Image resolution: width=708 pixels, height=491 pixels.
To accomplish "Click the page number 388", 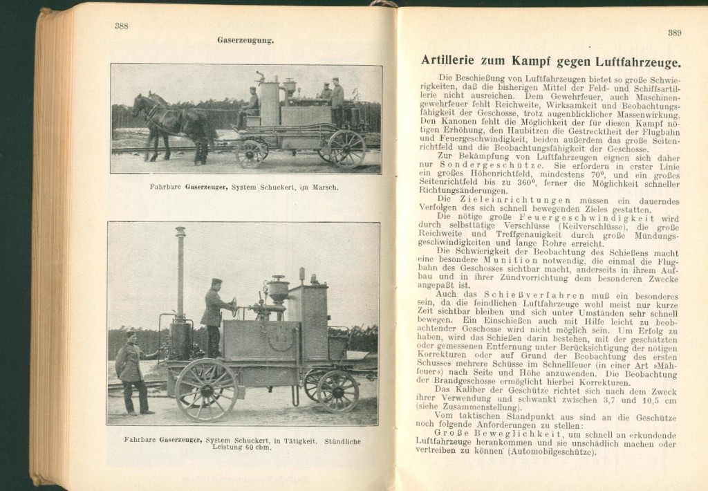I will coord(122,26).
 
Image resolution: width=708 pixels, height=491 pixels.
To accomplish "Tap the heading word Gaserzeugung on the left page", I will coord(245,40).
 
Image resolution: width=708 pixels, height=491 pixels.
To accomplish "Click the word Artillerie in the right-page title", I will coord(456,60).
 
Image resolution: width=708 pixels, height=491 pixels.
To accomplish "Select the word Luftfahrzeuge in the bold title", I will coord(637,60).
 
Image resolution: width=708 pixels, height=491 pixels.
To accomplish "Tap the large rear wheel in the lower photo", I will coord(206,389).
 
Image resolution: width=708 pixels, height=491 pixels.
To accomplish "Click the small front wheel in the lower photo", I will coord(337,391).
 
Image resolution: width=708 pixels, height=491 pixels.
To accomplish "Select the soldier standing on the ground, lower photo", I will coord(132,371).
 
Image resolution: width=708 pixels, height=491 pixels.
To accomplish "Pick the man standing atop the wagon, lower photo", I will coord(214,315).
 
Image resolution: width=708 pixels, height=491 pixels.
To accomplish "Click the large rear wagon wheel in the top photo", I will coord(346,149).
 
